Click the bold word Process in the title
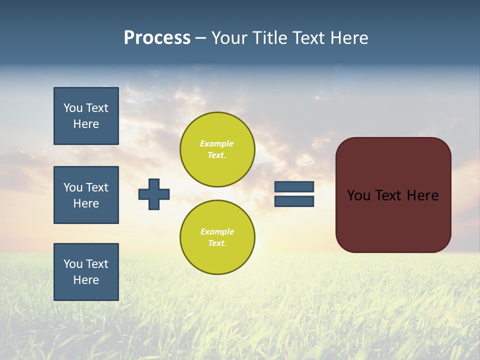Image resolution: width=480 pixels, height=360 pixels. (x=157, y=38)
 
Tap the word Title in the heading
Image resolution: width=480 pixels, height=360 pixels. (x=268, y=38)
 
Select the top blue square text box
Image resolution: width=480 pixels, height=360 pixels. (x=86, y=116)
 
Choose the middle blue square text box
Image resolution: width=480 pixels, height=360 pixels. (x=86, y=195)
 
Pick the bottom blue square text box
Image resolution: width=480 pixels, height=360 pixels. (x=86, y=272)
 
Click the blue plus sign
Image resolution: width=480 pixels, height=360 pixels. (x=154, y=194)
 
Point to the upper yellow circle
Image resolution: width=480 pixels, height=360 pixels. (x=217, y=149)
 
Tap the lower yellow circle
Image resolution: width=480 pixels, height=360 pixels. (x=217, y=237)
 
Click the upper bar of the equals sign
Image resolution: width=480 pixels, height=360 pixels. (x=294, y=186)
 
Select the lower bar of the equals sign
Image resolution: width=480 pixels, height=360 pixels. (x=294, y=201)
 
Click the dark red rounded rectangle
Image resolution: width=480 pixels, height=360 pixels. (x=393, y=220)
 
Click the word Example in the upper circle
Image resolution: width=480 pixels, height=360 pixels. (x=217, y=143)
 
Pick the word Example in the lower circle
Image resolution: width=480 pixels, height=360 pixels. (x=217, y=231)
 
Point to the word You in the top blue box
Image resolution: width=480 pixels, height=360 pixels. (x=72, y=108)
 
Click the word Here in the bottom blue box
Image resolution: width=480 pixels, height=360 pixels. (x=86, y=280)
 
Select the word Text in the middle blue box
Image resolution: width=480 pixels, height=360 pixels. (x=96, y=187)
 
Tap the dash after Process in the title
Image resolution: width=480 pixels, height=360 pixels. (x=200, y=38)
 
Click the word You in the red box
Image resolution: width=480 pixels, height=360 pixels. (x=358, y=195)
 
